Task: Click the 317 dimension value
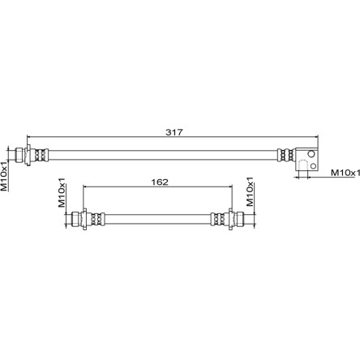click(x=174, y=132)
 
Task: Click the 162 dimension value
click(x=160, y=182)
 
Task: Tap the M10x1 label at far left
click(x=5, y=176)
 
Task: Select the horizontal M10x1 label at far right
click(x=345, y=173)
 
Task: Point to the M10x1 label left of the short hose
click(x=62, y=192)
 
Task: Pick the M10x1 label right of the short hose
click(x=250, y=191)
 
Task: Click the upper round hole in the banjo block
click(x=311, y=154)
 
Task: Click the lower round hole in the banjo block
click(x=314, y=165)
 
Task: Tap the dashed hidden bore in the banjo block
click(x=303, y=165)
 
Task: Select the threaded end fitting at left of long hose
click(x=20, y=155)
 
